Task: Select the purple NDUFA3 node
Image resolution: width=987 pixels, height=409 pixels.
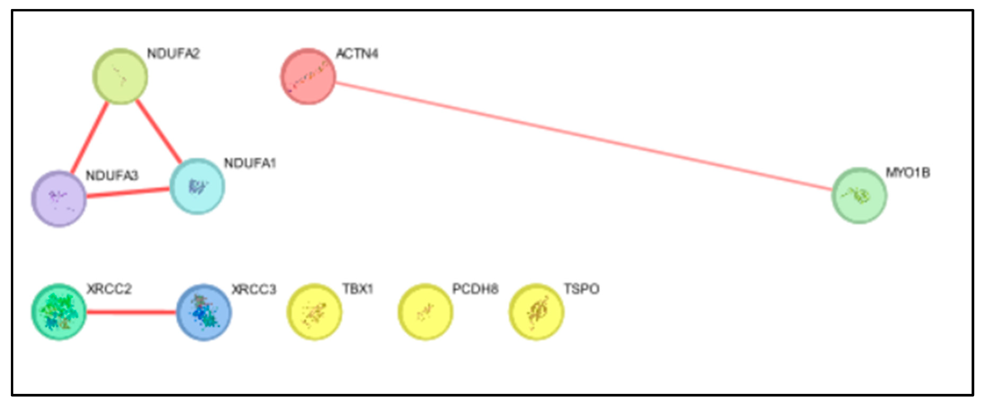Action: tap(59, 198)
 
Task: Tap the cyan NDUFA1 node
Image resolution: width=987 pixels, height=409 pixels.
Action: tap(197, 186)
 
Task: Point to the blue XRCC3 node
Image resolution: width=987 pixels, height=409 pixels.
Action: tap(204, 312)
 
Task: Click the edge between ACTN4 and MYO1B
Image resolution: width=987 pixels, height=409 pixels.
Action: tap(582, 136)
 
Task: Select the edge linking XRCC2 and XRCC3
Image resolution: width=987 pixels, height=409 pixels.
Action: tap(131, 312)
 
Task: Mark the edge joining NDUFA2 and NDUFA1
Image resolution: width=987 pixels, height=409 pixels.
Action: tap(159, 131)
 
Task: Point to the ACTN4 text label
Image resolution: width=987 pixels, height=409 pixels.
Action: tap(357, 54)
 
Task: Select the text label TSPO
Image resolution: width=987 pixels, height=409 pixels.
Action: tap(581, 289)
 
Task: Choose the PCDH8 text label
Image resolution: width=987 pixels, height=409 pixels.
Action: tap(475, 289)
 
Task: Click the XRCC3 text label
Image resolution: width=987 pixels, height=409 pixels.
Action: tap(254, 289)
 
